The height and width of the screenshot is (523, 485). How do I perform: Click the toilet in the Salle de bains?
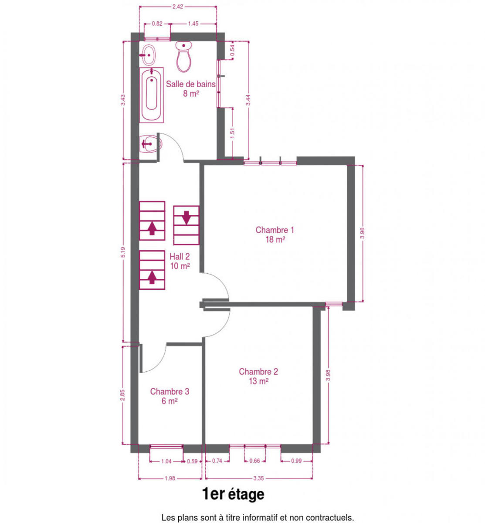183,56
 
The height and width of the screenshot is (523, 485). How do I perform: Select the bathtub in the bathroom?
151,95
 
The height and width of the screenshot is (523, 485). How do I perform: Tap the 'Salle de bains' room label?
190,84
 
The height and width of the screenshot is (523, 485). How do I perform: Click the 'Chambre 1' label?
275,230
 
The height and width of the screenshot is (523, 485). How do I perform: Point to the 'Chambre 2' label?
258,372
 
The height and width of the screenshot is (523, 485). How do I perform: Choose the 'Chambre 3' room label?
170,391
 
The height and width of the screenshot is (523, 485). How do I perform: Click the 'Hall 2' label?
179,256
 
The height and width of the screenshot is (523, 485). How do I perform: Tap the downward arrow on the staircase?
187,217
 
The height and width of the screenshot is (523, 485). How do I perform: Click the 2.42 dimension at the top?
178,7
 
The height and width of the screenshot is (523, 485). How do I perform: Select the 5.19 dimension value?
123,252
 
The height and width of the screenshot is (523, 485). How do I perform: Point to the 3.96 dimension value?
362,233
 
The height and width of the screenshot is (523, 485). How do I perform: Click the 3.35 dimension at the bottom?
258,478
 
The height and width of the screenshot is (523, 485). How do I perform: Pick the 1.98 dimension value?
170,478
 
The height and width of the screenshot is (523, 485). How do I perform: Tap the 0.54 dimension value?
232,51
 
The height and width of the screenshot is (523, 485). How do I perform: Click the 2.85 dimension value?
122,395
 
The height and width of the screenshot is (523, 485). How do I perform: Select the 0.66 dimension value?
254,461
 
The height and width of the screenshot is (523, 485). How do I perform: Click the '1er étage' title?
233,494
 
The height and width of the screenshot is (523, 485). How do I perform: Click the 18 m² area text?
275,240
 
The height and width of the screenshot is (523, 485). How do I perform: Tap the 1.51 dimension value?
232,133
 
